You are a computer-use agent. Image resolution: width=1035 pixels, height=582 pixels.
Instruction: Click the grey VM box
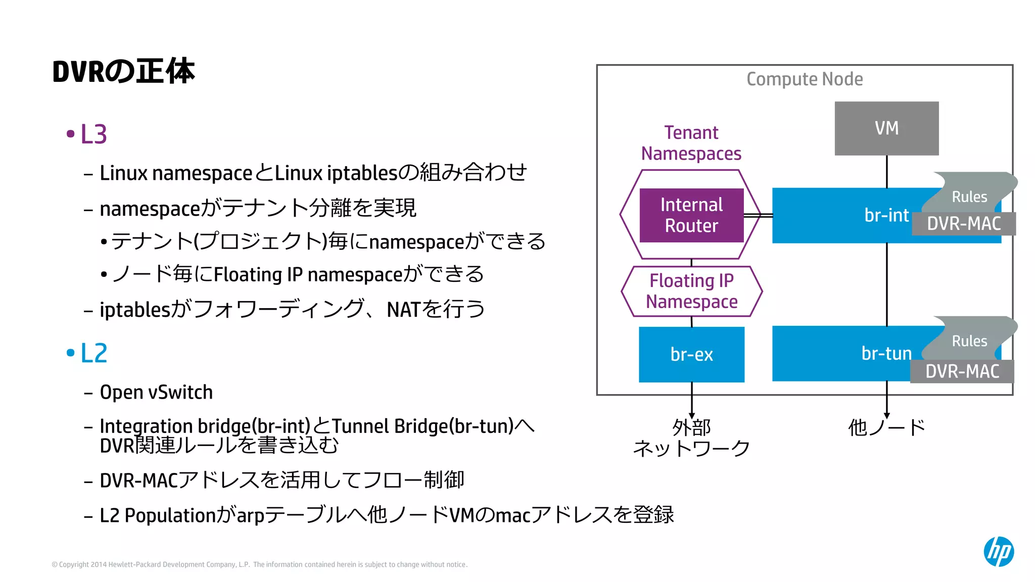(x=886, y=128)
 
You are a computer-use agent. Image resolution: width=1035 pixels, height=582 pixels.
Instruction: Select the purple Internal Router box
(x=691, y=215)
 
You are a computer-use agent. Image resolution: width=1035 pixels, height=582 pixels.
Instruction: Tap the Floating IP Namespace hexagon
(x=691, y=291)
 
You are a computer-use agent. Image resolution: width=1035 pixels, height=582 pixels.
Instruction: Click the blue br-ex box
(x=691, y=354)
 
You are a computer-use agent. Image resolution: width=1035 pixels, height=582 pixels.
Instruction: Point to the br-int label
(x=886, y=215)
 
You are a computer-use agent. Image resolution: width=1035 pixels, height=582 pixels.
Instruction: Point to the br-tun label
(x=886, y=353)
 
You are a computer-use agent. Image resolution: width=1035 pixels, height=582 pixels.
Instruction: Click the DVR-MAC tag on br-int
(x=964, y=224)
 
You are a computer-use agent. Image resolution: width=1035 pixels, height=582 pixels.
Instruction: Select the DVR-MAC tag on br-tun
(x=962, y=371)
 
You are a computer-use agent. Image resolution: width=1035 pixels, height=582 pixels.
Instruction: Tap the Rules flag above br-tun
(x=969, y=341)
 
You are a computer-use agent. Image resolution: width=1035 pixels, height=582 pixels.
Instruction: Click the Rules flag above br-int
(x=969, y=196)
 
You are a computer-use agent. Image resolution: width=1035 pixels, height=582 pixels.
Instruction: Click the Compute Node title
(x=805, y=79)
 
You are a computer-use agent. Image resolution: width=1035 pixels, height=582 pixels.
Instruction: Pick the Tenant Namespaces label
(x=691, y=143)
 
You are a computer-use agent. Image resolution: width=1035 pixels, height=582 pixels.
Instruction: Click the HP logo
(x=999, y=551)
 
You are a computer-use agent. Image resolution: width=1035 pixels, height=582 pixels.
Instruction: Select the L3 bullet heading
(x=93, y=134)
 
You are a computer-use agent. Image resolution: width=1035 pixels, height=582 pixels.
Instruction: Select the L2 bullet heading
(x=93, y=353)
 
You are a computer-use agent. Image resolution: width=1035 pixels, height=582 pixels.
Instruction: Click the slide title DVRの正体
(x=123, y=71)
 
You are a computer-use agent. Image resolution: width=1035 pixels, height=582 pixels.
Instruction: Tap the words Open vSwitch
(x=156, y=393)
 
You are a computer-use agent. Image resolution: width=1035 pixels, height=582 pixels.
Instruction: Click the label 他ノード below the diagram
(x=886, y=427)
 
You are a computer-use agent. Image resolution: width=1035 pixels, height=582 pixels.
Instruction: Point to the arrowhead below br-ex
(x=691, y=415)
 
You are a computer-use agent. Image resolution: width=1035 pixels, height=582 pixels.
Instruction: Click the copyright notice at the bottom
(x=260, y=564)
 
